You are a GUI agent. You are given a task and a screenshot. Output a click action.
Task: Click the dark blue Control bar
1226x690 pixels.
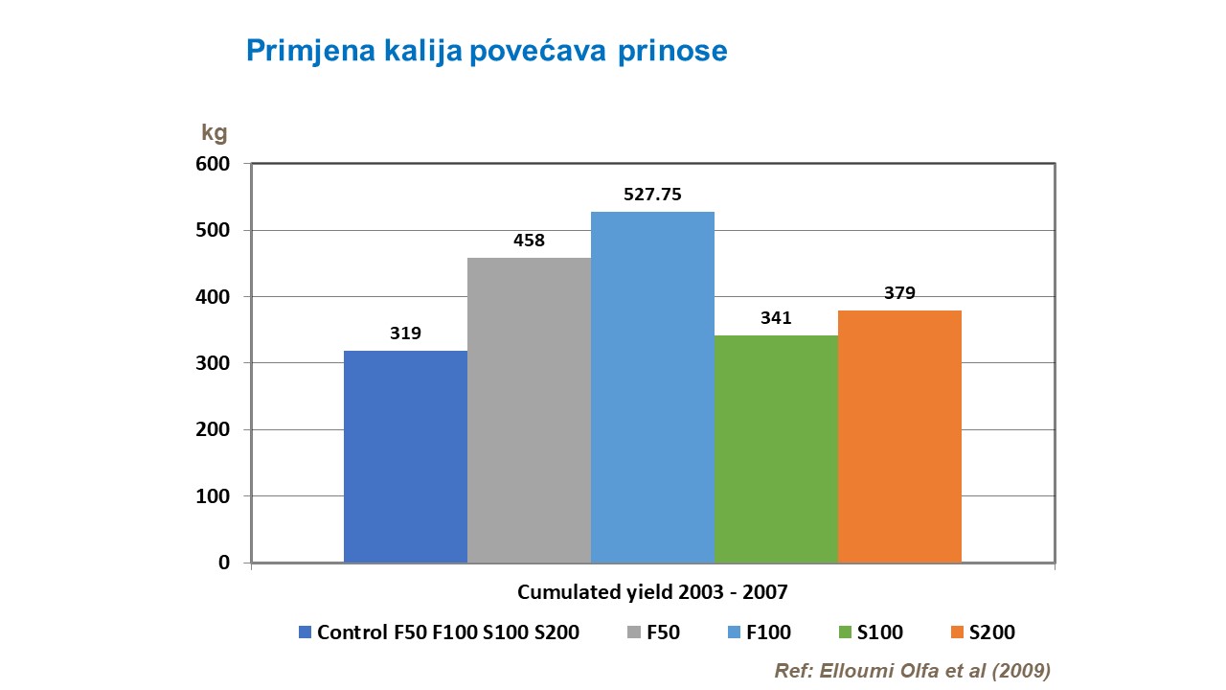tap(405, 456)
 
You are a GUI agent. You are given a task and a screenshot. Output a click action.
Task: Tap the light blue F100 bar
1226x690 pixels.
tap(652, 387)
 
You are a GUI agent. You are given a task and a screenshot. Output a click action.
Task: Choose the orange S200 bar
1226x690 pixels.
tap(899, 436)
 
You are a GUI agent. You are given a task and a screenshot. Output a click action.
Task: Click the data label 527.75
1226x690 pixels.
tap(652, 195)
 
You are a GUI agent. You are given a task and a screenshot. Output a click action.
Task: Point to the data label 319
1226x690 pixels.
tap(405, 333)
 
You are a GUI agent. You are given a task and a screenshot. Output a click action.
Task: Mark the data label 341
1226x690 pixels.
tap(776, 317)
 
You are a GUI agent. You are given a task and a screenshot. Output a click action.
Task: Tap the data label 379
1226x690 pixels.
tap(899, 293)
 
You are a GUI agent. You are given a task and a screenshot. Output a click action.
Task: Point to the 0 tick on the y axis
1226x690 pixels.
tap(224, 563)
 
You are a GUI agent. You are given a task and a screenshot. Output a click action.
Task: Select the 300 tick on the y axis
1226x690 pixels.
tap(216, 363)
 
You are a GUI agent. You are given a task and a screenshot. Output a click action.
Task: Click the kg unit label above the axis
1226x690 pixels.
tap(215, 133)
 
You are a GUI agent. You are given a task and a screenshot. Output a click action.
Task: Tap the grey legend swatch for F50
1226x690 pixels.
tap(634, 632)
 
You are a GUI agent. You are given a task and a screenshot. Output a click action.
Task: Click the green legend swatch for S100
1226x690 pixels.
tap(844, 632)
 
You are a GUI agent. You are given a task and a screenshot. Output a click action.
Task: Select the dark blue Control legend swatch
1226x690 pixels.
tap(306, 632)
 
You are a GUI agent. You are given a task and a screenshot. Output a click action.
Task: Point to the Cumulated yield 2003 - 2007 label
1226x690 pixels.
tap(652, 592)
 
